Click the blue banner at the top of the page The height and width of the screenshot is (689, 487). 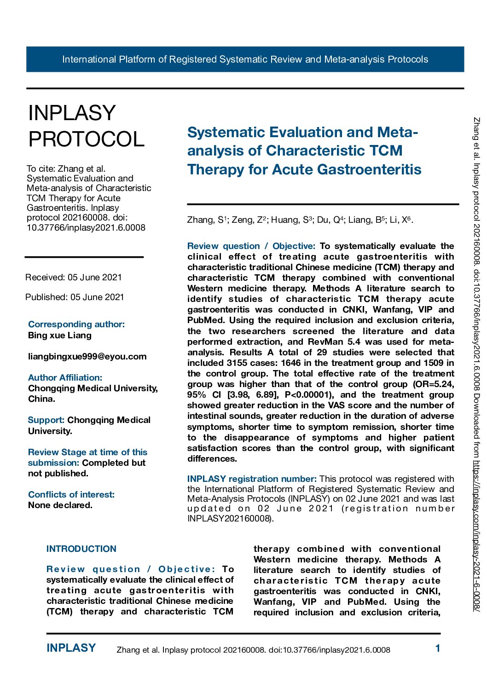(x=245, y=59)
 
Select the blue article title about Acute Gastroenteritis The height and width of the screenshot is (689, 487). (x=304, y=151)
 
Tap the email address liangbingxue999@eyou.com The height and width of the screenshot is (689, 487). (x=87, y=356)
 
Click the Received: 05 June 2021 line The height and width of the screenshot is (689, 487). (x=74, y=277)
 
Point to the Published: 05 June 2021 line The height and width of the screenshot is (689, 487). (x=75, y=297)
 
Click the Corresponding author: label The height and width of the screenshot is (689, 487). (x=76, y=324)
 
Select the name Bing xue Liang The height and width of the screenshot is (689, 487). (x=60, y=335)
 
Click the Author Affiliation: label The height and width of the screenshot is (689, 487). (x=65, y=377)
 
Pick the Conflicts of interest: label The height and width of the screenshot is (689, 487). (x=71, y=494)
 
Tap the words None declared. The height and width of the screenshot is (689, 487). (x=60, y=505)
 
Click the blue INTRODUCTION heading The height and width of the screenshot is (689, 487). (x=81, y=549)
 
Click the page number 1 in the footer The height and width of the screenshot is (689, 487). (x=438, y=648)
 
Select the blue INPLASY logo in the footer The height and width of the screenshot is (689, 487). (x=71, y=648)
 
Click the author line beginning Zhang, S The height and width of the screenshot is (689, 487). (x=300, y=220)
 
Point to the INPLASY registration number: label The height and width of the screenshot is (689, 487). (x=252, y=479)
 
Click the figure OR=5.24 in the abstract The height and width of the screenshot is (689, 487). (x=434, y=384)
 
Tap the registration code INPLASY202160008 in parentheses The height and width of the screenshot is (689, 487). (x=229, y=519)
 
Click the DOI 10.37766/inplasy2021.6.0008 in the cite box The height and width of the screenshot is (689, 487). (x=86, y=227)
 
